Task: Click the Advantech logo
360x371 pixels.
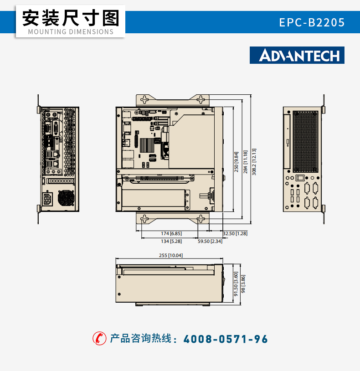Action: [x=297, y=55]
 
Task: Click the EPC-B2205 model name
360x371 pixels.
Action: [x=312, y=22]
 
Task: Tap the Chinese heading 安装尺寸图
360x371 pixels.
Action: [x=71, y=18]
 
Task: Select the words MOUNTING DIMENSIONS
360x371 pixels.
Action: [x=71, y=32]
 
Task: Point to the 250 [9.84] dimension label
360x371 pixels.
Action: [x=237, y=162]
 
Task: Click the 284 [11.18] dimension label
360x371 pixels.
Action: [x=245, y=162]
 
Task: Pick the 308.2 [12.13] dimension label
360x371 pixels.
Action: [x=254, y=162]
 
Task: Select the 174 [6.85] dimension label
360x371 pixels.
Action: [x=171, y=233]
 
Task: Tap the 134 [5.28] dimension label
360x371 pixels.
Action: [x=171, y=242]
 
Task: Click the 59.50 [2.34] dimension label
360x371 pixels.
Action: [x=210, y=242]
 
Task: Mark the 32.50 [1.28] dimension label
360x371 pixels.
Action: [x=235, y=233]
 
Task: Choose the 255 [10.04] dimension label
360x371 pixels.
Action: [x=171, y=255]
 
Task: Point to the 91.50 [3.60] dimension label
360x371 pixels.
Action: [x=236, y=284]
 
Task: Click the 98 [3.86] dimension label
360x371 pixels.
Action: [x=243, y=284]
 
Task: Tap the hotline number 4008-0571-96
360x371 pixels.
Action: [x=226, y=339]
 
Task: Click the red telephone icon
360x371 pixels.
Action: [x=99, y=338]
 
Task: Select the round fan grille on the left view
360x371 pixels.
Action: [x=66, y=198]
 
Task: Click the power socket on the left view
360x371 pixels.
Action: [x=47, y=199]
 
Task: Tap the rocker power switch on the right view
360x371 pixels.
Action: [x=300, y=178]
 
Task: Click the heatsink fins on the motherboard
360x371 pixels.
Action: [x=147, y=145]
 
